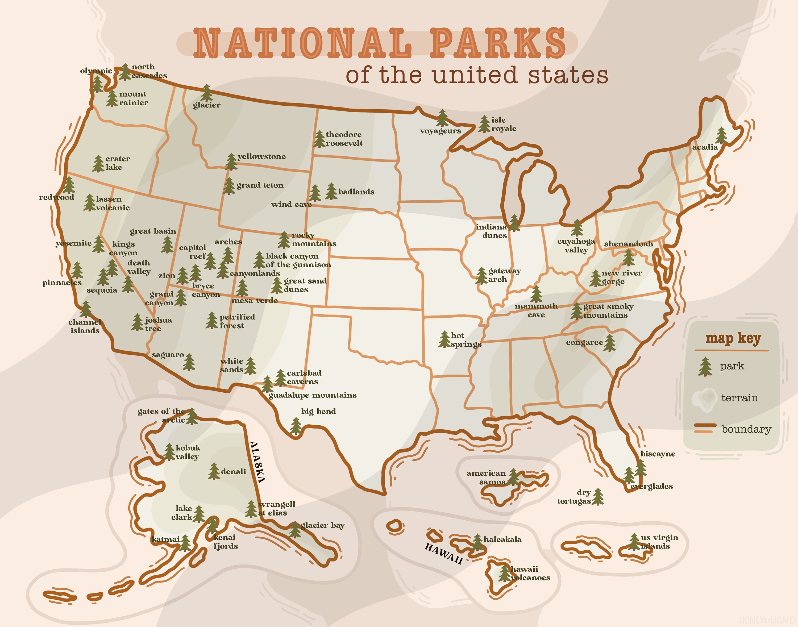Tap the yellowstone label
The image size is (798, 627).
click(261, 156)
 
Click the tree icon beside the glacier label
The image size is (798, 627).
click(207, 93)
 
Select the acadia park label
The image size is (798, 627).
click(705, 147)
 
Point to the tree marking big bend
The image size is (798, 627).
click(296, 426)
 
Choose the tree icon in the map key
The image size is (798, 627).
click(705, 366)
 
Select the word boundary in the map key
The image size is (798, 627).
click(746, 429)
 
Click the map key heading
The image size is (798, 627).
click(733, 338)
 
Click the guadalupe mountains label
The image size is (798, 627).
click(312, 395)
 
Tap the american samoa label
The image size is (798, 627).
click(486, 477)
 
